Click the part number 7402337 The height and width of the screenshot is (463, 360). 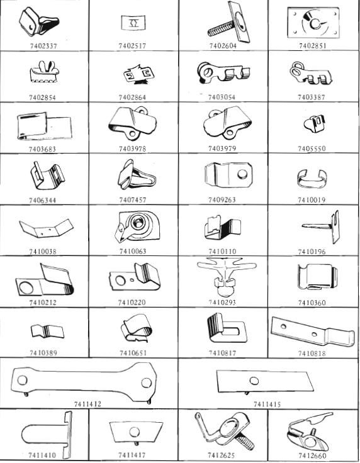tap(43, 46)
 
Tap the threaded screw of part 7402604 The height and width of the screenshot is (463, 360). tap(221, 29)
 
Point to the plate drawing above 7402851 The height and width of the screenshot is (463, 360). tap(313, 23)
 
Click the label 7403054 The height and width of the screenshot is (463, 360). tap(222, 98)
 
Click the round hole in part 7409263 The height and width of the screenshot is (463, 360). tap(242, 174)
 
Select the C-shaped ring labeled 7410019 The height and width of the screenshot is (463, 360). tap(312, 178)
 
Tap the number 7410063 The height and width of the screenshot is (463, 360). tap(133, 251)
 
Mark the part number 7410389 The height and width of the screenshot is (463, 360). tap(43, 353)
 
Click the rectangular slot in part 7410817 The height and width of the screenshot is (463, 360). tap(232, 331)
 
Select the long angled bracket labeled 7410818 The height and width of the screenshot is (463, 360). tap(312, 332)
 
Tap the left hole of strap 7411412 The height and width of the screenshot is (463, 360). tap(23, 380)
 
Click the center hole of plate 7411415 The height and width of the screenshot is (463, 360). tap(254, 381)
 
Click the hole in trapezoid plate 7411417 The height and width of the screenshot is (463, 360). tap(135, 432)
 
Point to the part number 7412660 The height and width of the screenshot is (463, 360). tap(312, 456)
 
